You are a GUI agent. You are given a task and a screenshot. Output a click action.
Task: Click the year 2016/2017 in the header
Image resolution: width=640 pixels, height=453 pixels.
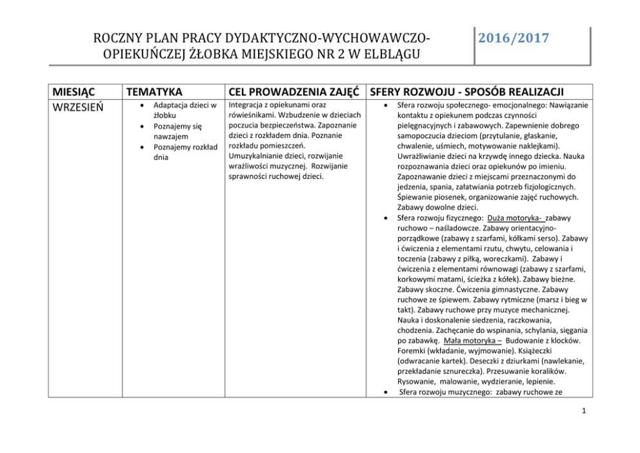[x=514, y=38]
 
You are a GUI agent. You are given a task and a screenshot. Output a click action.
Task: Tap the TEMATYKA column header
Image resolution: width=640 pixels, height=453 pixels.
[x=154, y=92]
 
